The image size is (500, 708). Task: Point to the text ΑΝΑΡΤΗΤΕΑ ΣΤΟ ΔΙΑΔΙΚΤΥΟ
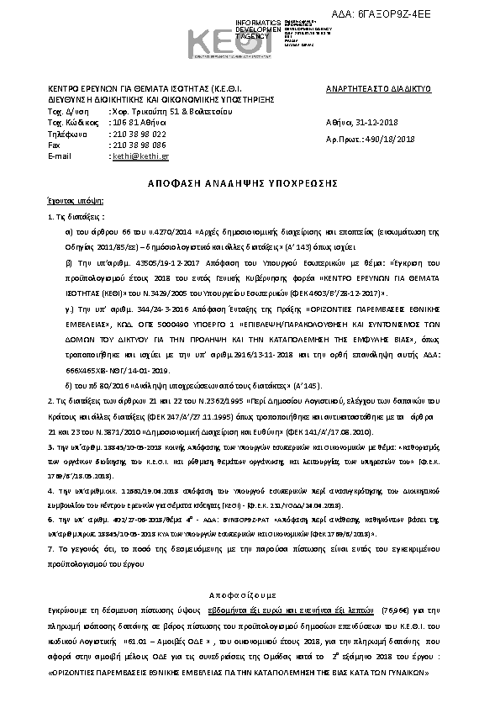coord(378,87)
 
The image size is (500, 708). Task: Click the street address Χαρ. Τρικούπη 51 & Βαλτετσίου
coord(162,111)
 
